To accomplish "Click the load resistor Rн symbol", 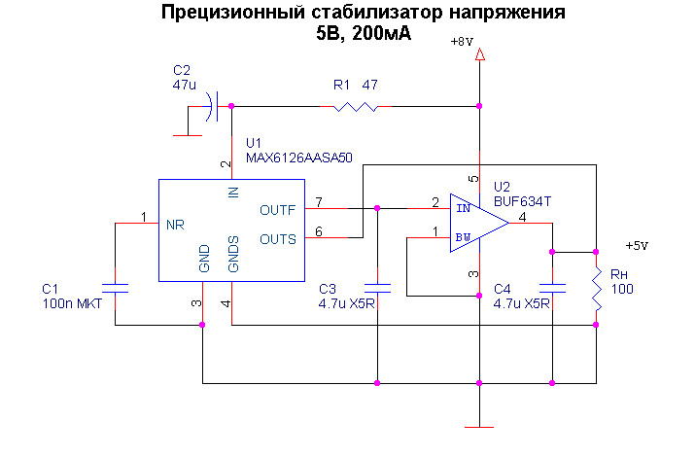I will pos(596,289).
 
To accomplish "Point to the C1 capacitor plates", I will pos(116,288).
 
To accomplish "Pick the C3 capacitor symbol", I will pos(376,288).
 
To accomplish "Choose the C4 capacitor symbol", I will pos(551,288).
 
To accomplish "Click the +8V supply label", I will pos(462,42).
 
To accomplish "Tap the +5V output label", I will pos(636,245).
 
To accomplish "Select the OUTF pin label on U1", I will pos(278,209).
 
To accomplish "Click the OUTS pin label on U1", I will pos(278,237).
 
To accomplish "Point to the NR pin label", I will pos(175,225).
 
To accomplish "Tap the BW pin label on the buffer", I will pos(464,236).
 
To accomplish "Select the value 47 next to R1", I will pos(369,85).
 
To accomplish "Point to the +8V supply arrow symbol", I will pos(479,58).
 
